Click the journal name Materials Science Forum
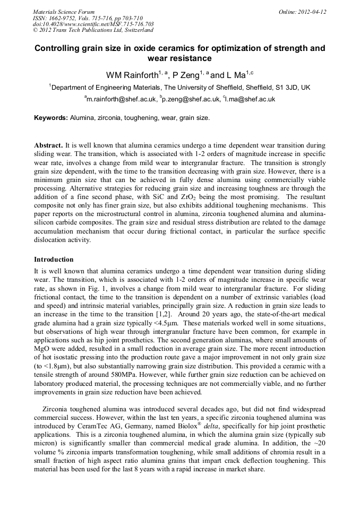click(64, 12)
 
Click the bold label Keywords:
click(51, 118)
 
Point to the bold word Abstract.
click(48, 145)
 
